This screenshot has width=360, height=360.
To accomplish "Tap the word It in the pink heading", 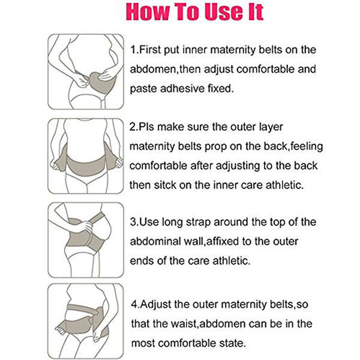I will point(250,13).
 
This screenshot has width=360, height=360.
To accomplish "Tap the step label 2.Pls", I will point(143,127).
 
